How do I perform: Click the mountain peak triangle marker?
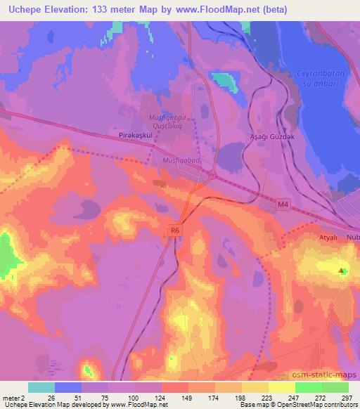(342, 271)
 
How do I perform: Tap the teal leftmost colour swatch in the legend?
(41, 387)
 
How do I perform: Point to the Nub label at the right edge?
(352, 238)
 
